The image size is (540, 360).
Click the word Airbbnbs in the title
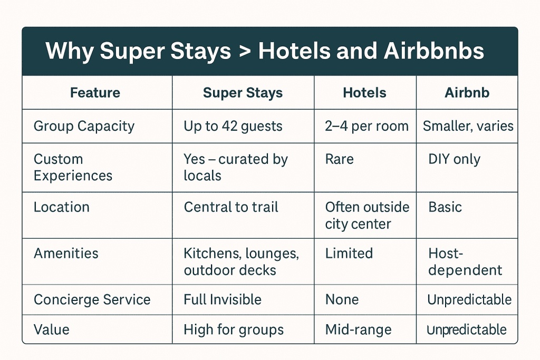pyautogui.click(x=433, y=51)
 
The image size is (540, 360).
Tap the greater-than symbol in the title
pyautogui.click(x=245, y=52)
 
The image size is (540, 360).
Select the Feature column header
pyautogui.click(x=95, y=93)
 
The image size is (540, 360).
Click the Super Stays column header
pyautogui.click(x=243, y=93)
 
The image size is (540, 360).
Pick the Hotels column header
pyautogui.click(x=365, y=93)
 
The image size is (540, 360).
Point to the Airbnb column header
pyautogui.click(x=467, y=93)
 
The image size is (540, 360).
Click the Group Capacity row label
pyautogui.click(x=84, y=127)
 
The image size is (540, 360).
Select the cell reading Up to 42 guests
pyautogui.click(x=233, y=127)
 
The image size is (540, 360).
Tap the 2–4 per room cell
pyautogui.click(x=367, y=127)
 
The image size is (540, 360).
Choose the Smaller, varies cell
pyautogui.click(x=468, y=127)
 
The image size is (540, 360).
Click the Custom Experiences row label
pyautogui.click(x=73, y=167)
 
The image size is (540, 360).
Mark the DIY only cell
pyautogui.click(x=454, y=159)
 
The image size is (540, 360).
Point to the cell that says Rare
pyautogui.click(x=340, y=159)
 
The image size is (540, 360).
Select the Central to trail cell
pyautogui.click(x=231, y=207)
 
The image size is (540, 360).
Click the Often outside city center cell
pyautogui.click(x=368, y=216)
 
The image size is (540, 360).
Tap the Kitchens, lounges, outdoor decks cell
pyautogui.click(x=242, y=261)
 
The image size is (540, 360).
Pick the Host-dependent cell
pyautogui.click(x=465, y=262)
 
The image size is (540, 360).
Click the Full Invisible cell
pyautogui.click(x=223, y=299)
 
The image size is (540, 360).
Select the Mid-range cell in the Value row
pyautogui.click(x=359, y=330)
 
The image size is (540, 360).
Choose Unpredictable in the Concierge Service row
pyautogui.click(x=469, y=300)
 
